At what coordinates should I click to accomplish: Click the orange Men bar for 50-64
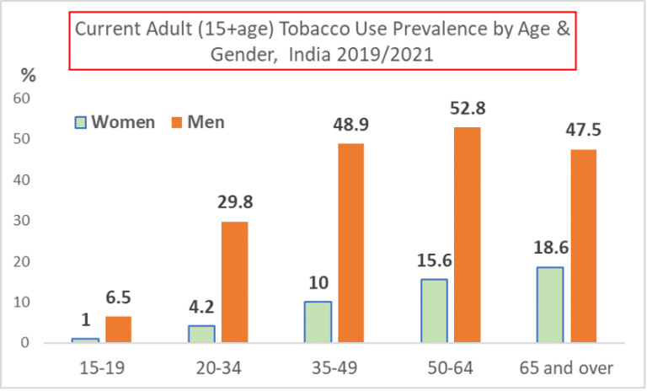pos(468,235)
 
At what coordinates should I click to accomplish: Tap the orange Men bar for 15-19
pos(119,329)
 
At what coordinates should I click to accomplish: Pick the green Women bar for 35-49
pos(318,322)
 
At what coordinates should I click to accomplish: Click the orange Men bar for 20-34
pos(235,282)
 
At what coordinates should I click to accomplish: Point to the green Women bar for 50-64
pos(434,311)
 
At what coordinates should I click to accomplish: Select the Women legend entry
pos(115,122)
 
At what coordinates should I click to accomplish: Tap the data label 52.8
pos(468,110)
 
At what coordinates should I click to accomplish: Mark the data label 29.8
pos(235,203)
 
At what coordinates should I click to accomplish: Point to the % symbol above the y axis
pos(28,75)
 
